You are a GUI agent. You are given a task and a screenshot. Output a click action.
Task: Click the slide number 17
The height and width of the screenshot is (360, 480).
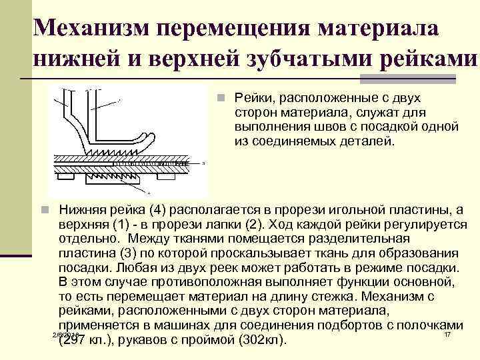point(447,333)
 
